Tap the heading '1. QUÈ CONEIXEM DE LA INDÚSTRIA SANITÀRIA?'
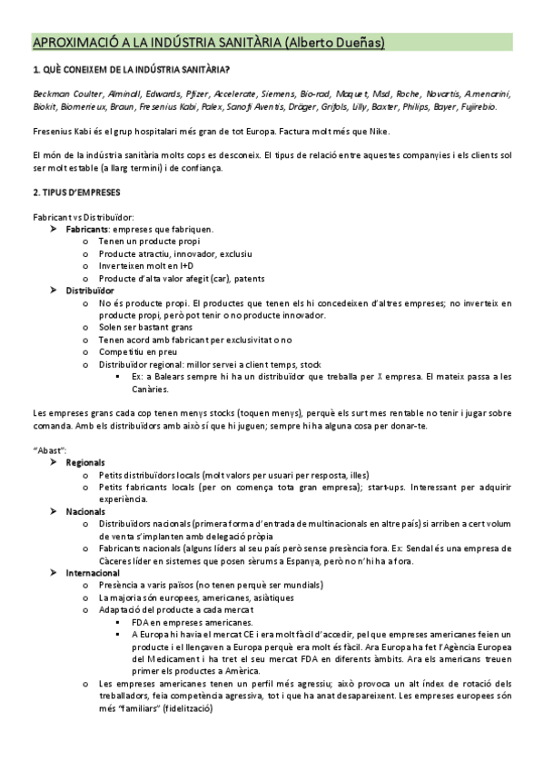tap(132, 70)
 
